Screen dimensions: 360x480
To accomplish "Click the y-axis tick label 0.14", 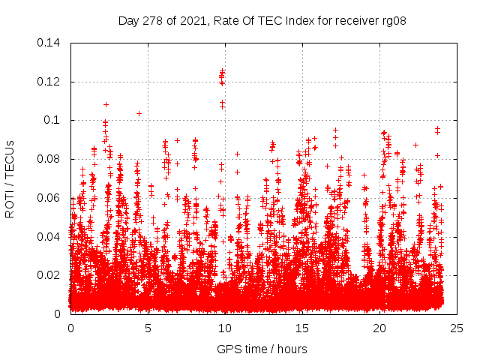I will point(51,43).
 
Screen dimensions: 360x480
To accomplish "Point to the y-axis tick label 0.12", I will point(51,82).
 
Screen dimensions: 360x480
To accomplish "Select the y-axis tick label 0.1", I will point(54,120).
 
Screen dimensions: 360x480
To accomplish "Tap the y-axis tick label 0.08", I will point(51,159).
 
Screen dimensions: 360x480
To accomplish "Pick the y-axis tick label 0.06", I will point(51,198).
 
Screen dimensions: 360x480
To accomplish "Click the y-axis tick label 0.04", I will point(51,237).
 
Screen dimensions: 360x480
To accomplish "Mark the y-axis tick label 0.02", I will point(51,275).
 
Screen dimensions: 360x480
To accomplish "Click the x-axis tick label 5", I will point(148,328).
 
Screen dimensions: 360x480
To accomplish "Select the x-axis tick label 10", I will point(225,328).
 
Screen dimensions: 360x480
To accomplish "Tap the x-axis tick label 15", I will point(302,328).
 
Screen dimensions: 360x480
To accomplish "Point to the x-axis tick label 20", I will point(379,328).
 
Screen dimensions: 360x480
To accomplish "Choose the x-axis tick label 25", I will point(457,328).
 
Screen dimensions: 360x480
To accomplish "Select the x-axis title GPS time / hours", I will point(262,349).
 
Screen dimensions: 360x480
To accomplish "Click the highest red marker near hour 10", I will point(222,70).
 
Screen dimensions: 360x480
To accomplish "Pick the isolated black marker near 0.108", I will point(106,104).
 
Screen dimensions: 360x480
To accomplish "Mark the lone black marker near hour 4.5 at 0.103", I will point(139,113).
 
